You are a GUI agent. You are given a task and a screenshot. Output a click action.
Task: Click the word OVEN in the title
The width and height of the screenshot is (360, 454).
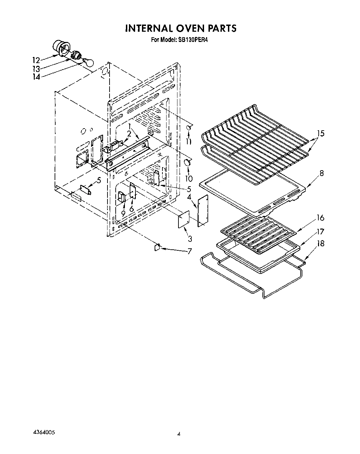181,28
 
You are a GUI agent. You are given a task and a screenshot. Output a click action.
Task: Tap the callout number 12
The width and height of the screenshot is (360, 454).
36,60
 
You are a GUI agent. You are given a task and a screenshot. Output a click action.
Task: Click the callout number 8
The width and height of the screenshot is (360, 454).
321,173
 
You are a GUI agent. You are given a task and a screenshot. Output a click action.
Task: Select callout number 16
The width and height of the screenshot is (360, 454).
320,218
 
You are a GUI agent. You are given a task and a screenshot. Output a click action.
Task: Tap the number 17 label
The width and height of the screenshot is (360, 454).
320,232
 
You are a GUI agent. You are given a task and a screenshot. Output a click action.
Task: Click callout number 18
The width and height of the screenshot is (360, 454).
320,244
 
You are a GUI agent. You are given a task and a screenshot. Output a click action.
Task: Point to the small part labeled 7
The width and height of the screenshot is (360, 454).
157,247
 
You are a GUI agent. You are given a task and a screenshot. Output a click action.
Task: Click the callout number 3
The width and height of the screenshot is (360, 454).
190,238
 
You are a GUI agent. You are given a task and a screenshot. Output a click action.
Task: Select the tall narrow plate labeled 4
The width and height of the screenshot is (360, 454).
203,211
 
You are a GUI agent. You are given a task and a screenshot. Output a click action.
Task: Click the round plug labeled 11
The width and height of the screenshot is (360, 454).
188,127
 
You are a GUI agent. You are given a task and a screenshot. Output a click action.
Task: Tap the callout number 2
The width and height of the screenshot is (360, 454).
129,133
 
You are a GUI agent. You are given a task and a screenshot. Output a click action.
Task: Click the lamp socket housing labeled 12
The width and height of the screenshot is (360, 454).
61,48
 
